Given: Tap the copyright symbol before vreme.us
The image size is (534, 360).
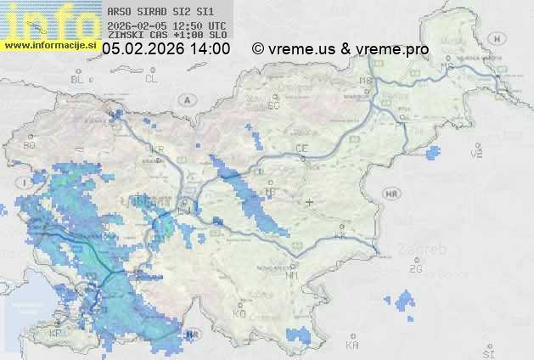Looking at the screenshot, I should coord(258,49).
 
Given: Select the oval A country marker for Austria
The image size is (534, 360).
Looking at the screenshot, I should coord(184,99).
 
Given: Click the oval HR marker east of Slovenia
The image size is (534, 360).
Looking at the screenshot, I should coord(391,194).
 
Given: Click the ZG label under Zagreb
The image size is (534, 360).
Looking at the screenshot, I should coord(415,269).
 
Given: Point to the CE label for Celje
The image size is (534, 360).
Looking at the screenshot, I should coord(301,149).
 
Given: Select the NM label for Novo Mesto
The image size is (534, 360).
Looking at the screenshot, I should coord(292,275).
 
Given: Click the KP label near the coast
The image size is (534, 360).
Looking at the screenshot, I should coord(56,334).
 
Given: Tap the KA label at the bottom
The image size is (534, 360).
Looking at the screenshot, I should coord(352,345).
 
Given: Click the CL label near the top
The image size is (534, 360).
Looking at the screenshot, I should coord(151,79).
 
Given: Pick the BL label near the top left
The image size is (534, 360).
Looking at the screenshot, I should coord(78,79).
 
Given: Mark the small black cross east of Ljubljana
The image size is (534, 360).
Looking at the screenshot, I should coord(309,202).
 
